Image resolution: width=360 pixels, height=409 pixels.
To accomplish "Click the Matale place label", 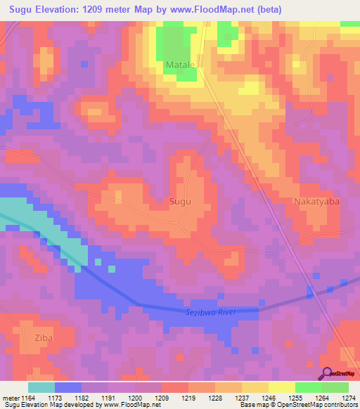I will [180, 65].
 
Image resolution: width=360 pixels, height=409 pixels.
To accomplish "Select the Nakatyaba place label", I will [316, 201].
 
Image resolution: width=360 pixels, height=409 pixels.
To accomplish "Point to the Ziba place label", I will [43, 338].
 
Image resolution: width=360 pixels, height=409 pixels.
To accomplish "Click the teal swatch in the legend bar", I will [41, 387].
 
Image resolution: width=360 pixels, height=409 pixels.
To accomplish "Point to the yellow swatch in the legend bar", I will [281, 387].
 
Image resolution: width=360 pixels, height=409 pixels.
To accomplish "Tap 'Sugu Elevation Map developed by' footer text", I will [51, 405].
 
